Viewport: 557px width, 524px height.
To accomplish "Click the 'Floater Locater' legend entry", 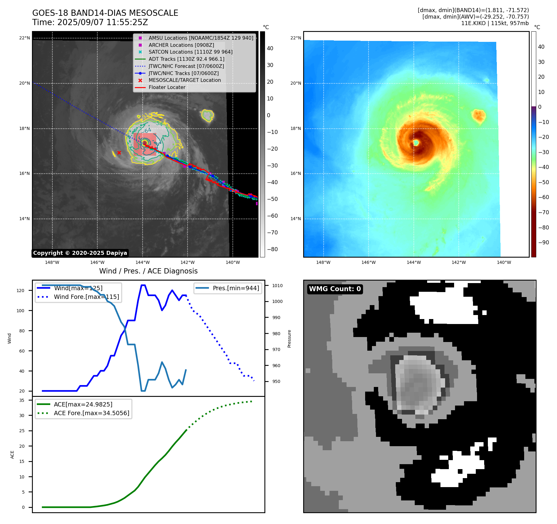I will pyautogui.click(x=167, y=87).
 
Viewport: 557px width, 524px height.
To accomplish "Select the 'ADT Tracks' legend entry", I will pyautogui.click(x=186, y=59).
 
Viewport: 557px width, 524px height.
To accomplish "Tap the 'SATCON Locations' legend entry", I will pyautogui.click(x=190, y=52).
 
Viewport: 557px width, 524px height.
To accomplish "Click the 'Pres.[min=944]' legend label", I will pyautogui.click(x=236, y=288).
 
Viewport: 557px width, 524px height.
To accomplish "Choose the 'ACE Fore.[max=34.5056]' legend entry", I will pyautogui.click(x=91, y=413).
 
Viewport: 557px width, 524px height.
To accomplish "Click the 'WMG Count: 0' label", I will pyautogui.click(x=335, y=289).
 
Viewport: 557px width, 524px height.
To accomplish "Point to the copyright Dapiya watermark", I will pyautogui.click(x=80, y=253).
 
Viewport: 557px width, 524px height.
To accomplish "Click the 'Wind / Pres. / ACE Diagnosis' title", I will pyautogui.click(x=148, y=271).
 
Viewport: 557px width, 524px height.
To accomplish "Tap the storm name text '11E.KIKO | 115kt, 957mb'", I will pyautogui.click(x=495, y=23).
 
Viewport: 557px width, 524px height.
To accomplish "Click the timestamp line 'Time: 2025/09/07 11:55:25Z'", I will pyautogui.click(x=90, y=22).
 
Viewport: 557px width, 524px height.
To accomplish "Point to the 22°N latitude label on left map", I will pyautogui.click(x=24, y=38).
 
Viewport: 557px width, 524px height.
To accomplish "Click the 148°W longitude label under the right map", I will pyautogui.click(x=323, y=262).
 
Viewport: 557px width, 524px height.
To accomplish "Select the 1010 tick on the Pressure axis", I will pyautogui.click(x=277, y=286).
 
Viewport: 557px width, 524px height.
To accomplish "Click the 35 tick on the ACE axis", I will pyautogui.click(x=22, y=400).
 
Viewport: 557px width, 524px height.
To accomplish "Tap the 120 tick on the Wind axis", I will pyautogui.click(x=20, y=291).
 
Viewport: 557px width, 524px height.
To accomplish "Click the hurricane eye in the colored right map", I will pyautogui.click(x=416, y=143).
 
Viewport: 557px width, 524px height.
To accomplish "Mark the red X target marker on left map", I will pyautogui.click(x=119, y=153).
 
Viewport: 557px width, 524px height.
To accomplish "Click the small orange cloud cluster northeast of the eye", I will pyautogui.click(x=479, y=115).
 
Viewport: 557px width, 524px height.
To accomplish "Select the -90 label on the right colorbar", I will pyautogui.click(x=543, y=242).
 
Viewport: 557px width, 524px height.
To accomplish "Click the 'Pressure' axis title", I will pyautogui.click(x=289, y=339).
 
